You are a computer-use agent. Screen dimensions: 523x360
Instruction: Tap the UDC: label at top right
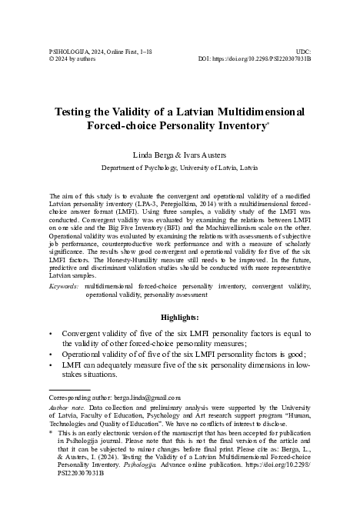(303, 48)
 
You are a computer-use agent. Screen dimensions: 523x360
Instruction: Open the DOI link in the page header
(255, 58)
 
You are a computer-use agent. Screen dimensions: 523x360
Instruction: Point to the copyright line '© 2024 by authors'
(75, 58)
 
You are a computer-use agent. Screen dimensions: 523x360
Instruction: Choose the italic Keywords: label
(63, 285)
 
